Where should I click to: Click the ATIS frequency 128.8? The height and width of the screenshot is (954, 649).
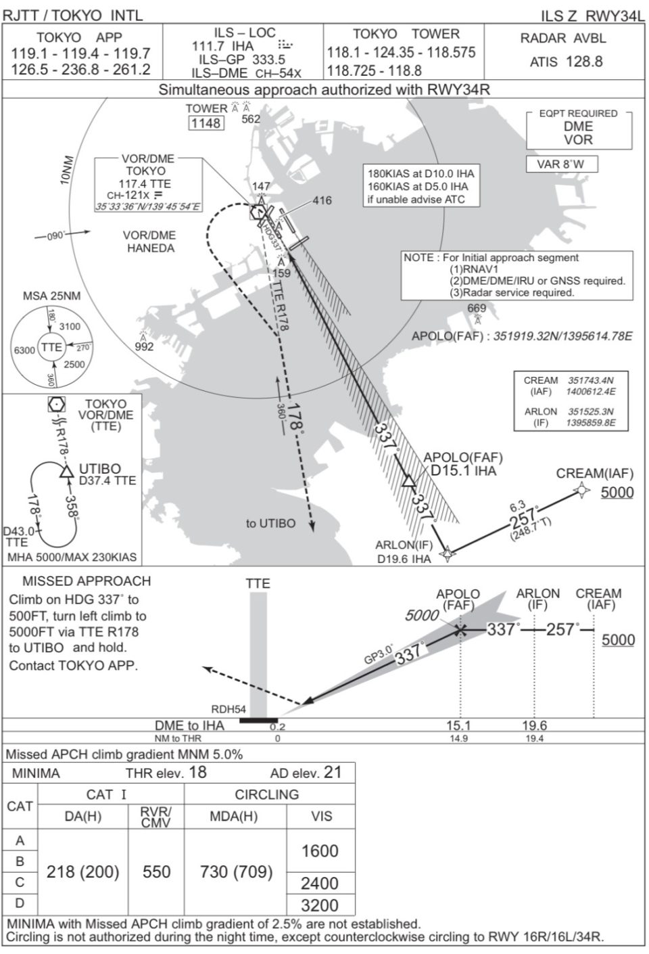[584, 62]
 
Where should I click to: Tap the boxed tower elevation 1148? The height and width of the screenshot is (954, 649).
[206, 123]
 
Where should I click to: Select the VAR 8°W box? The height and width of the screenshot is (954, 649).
[562, 164]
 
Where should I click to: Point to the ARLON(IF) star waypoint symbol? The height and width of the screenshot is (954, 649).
[446, 554]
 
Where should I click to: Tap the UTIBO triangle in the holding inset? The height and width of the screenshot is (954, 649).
[66, 472]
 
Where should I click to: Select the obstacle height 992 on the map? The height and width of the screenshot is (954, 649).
[144, 346]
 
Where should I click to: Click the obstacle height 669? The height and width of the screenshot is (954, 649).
[477, 309]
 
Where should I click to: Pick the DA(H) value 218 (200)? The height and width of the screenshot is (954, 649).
[82, 872]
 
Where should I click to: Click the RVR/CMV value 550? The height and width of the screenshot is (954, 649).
[156, 872]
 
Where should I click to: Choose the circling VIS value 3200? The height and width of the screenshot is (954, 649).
[320, 905]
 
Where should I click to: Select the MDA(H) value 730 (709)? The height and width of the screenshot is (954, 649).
[236, 872]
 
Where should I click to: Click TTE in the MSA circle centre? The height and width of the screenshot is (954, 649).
[51, 347]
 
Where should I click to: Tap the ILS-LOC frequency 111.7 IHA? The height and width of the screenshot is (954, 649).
[223, 46]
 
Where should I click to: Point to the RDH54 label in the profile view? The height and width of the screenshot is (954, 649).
[229, 709]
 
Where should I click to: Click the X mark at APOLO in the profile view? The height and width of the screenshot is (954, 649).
[460, 631]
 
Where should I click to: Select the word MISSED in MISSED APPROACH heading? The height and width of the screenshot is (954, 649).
[47, 581]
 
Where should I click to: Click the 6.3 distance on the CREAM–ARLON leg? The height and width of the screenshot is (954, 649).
[516, 506]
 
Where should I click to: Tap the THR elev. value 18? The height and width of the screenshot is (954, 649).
[198, 772]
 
